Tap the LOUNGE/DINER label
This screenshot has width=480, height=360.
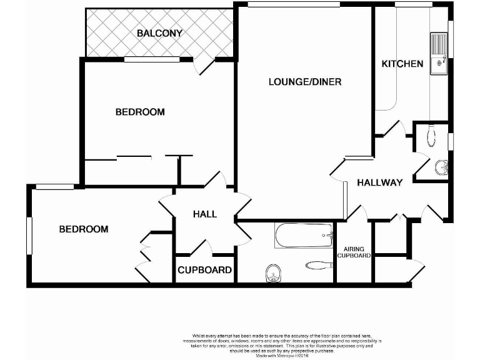point(305,81)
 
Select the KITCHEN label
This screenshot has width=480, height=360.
point(402,64)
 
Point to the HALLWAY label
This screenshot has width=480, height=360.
point(379,182)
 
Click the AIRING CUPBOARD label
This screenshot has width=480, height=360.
point(354,252)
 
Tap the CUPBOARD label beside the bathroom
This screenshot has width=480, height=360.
point(205,271)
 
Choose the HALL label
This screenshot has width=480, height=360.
point(205,214)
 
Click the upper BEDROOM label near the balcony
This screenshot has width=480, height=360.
point(140,112)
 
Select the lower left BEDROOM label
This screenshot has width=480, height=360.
point(83,229)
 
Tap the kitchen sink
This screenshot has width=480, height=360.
point(438,53)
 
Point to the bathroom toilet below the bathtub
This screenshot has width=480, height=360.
point(272,272)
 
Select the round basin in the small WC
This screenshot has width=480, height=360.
point(441,167)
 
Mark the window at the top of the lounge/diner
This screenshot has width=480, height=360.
point(293,4)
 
